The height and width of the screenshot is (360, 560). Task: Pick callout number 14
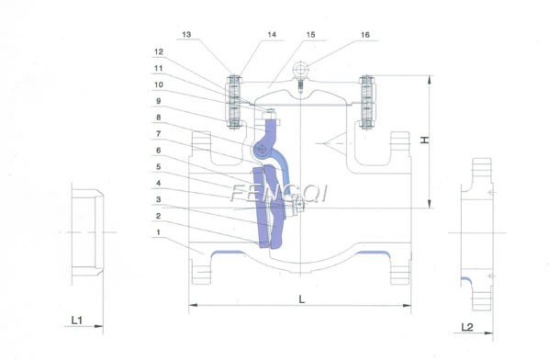[x=246, y=34]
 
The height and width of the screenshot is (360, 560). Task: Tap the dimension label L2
[x=468, y=327]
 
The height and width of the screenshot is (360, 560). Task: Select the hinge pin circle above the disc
[x=263, y=150]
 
